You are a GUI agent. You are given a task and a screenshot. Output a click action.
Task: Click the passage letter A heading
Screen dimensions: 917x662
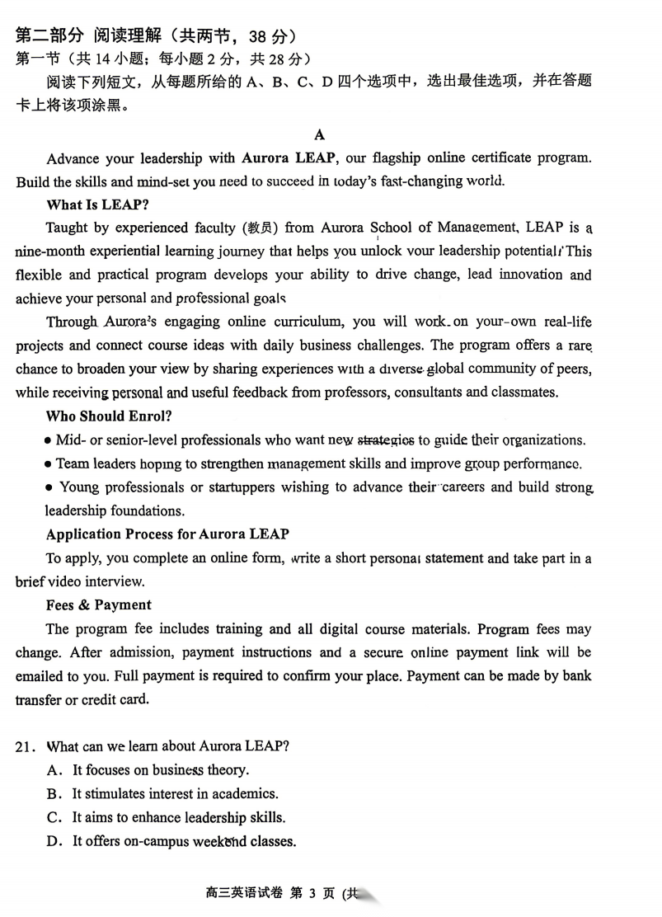point(320,134)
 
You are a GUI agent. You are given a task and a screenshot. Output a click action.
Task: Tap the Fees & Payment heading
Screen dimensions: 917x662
point(99,605)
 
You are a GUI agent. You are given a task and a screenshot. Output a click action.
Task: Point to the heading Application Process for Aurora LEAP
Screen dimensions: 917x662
point(167,534)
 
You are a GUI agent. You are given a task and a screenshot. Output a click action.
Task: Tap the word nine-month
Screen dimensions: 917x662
point(49,252)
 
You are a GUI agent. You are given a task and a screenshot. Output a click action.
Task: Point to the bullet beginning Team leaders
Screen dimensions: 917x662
point(49,464)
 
